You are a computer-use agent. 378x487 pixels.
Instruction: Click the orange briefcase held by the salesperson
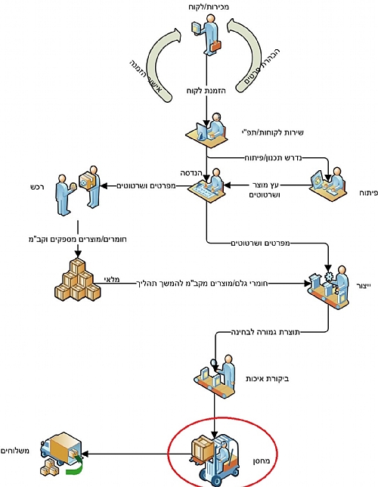(215, 46)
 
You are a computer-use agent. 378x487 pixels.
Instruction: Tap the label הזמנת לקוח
(206, 91)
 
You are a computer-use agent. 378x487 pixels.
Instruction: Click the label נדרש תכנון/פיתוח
(273, 158)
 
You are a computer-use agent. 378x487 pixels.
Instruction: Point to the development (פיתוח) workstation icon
(329, 185)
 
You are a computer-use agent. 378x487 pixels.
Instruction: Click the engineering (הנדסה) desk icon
(208, 185)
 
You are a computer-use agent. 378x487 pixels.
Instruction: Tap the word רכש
(37, 187)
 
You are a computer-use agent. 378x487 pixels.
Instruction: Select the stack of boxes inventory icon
(78, 280)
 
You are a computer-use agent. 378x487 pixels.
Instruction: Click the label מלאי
(112, 279)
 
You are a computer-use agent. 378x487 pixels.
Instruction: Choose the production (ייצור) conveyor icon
(328, 287)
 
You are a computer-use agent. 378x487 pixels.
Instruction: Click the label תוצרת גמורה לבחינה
(265, 332)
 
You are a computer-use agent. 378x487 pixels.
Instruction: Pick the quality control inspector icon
(215, 376)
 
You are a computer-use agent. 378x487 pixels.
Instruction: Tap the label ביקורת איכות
(268, 379)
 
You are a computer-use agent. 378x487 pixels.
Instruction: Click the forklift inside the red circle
(215, 459)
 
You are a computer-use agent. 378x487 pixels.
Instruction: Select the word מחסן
(262, 461)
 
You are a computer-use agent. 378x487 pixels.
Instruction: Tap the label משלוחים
(15, 451)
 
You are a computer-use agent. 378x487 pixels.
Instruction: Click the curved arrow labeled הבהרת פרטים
(250, 55)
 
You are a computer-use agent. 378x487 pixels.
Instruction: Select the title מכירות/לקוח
(209, 7)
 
